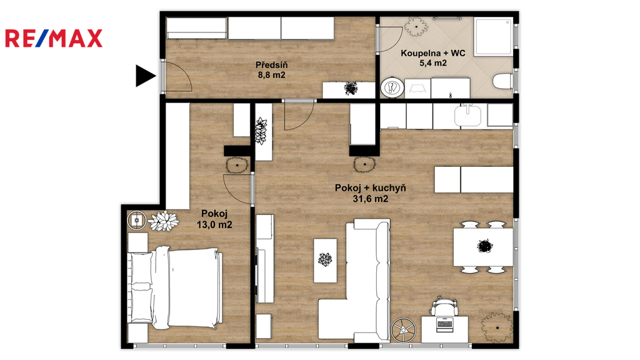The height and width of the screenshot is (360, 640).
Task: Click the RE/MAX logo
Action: tap(54, 38)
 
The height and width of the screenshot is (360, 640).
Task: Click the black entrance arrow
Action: tap(146, 76)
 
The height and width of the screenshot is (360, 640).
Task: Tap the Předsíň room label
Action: tap(271, 65)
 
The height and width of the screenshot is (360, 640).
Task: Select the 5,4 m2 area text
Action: tap(433, 63)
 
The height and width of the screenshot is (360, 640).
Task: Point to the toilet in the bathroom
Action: tap(502, 81)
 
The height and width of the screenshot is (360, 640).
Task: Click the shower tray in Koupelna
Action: tap(492, 36)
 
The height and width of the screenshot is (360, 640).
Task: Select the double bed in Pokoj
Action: tap(176, 288)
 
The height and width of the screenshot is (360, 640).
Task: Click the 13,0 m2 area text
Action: tap(214, 225)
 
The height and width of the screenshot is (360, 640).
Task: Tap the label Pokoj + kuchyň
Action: tap(370, 188)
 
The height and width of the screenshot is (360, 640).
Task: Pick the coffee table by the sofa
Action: tap(325, 261)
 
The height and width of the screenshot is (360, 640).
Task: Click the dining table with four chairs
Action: tap(483, 247)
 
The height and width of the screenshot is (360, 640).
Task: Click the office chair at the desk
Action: tap(443, 305)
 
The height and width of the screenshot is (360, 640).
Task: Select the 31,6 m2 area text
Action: tap(370, 199)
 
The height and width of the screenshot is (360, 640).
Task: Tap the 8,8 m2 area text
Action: tap(271, 75)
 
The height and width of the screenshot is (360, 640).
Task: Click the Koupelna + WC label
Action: tap(433, 53)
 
